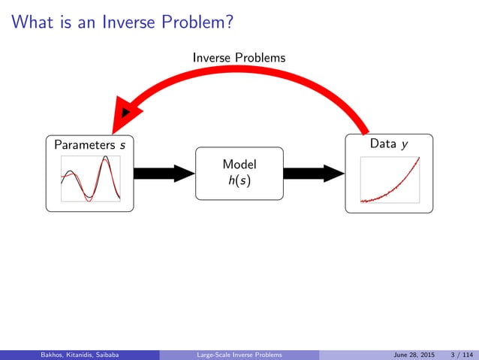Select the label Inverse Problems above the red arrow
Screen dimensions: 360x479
click(239, 57)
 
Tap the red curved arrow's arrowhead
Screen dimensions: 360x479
click(124, 116)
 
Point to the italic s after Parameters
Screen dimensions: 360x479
click(122, 144)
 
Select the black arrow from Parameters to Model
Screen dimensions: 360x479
click(164, 173)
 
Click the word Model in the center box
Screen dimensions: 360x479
click(239, 165)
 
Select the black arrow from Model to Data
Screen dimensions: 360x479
click(314, 173)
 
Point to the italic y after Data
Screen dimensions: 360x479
click(405, 144)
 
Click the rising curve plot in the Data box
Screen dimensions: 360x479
click(389, 180)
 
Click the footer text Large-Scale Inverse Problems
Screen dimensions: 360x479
click(239, 355)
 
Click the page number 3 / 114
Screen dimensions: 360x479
click(455, 355)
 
